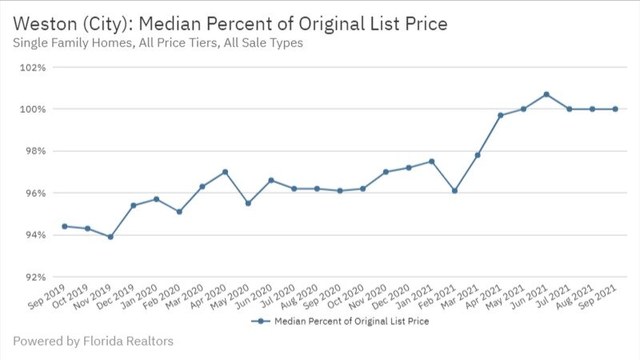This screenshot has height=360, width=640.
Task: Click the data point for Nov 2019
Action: coord(110,237)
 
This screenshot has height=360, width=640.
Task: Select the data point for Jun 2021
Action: coord(546,94)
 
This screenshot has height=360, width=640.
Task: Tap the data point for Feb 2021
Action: coord(454,190)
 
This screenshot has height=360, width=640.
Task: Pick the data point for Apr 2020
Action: coord(226,172)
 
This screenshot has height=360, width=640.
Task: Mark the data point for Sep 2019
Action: coord(64,226)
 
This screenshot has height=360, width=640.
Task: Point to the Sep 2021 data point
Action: coord(615,109)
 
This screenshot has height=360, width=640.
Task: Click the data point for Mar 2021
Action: coord(478,155)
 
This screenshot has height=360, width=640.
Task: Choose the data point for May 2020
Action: coord(248,203)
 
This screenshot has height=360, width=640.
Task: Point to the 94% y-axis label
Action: coord(36,235)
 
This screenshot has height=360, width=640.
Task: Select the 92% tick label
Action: coord(36,277)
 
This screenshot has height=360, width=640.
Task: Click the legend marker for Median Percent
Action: coord(258,322)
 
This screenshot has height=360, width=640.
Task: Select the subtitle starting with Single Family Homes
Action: coord(158,43)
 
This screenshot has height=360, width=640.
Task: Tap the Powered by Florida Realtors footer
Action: coord(93,342)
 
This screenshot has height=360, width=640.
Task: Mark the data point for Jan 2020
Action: coord(156,199)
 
